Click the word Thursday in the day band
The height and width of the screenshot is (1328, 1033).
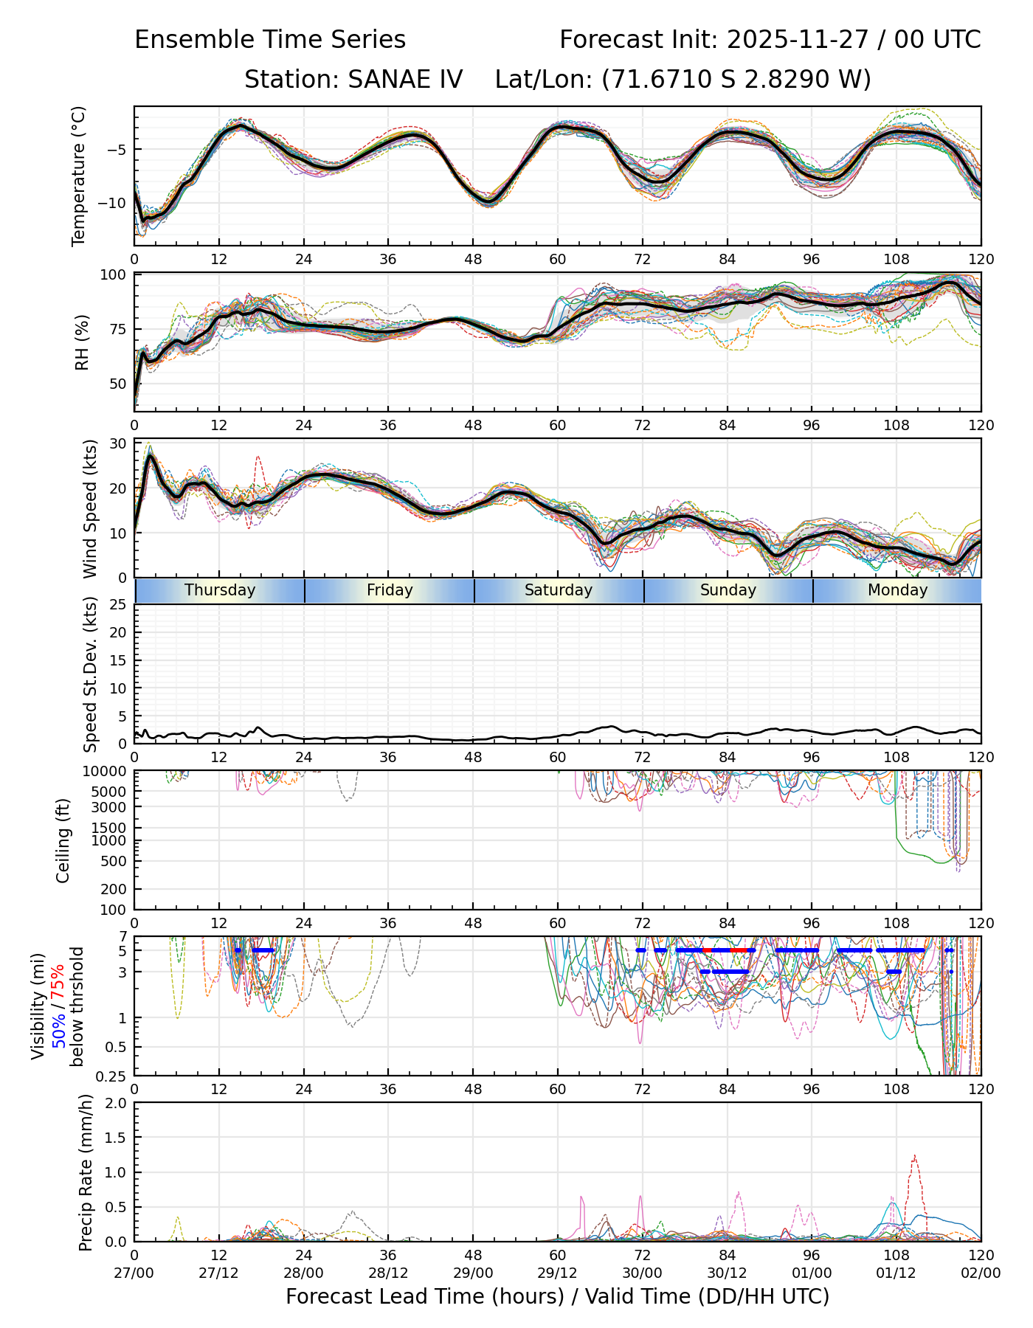coord(220,590)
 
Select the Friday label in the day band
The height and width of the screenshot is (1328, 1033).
coord(390,590)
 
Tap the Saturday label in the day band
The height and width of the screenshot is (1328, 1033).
coord(559,590)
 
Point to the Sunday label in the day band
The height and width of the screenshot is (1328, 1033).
coord(728,590)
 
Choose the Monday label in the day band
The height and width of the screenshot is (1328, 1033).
coord(897,590)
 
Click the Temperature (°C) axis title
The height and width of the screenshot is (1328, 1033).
coord(79,176)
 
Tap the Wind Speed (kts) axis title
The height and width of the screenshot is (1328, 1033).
coord(90,508)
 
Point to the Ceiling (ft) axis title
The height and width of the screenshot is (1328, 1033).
coord(63,840)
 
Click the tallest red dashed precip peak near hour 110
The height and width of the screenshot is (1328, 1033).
coord(915,1156)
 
